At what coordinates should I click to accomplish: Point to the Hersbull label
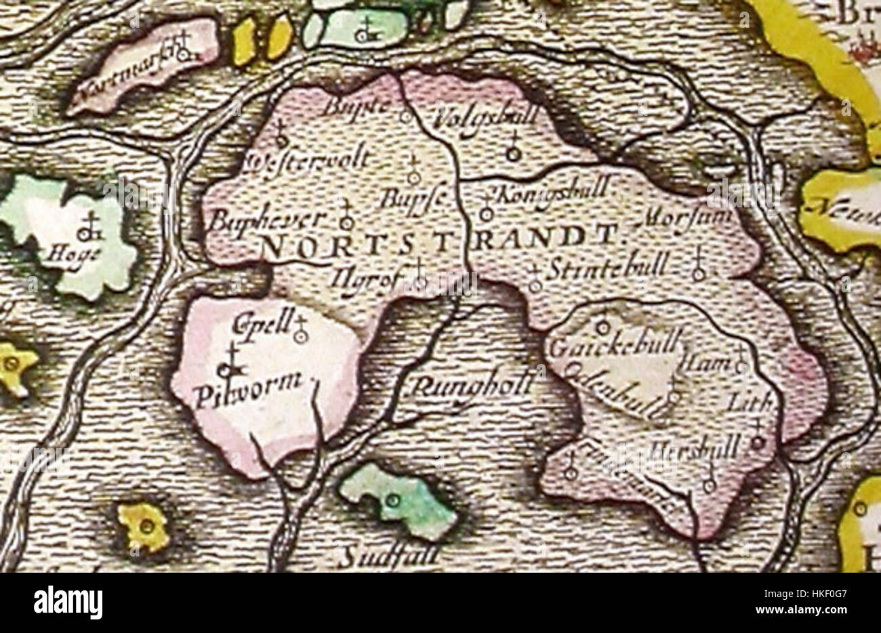[x=694, y=448]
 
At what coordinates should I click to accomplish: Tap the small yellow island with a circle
[x=144, y=526]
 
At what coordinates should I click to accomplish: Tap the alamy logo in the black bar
[x=68, y=602]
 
